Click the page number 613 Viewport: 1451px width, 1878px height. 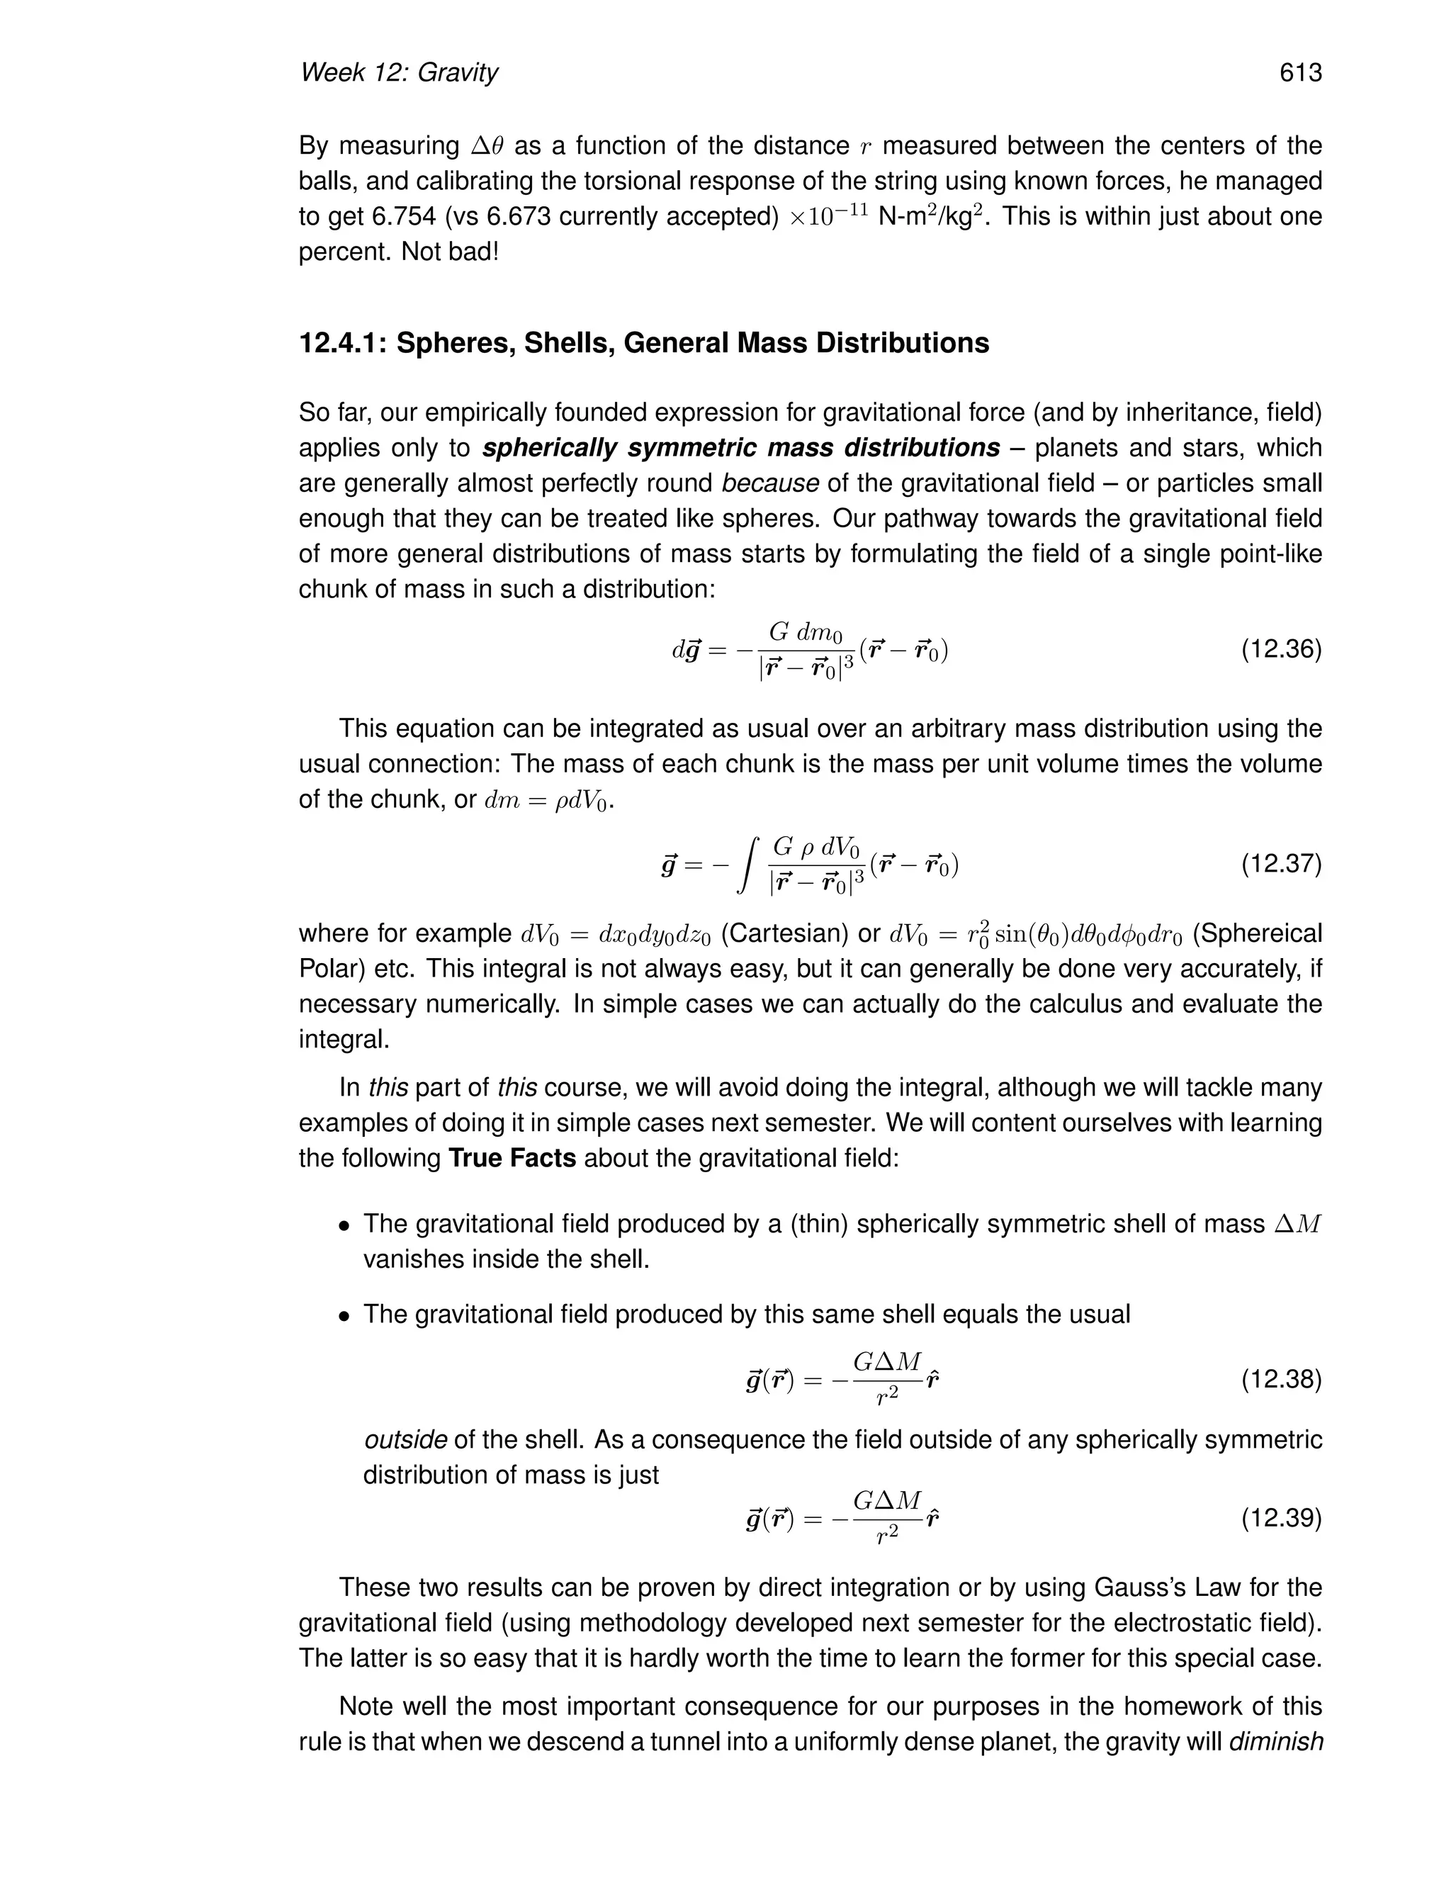click(x=1299, y=72)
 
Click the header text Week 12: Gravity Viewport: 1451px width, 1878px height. click(x=398, y=72)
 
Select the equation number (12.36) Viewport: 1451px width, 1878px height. click(x=1281, y=649)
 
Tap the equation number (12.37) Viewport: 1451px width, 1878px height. click(x=1281, y=863)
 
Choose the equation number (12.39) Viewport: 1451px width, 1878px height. click(x=1281, y=1519)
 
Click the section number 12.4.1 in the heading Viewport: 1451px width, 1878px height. click(x=342, y=343)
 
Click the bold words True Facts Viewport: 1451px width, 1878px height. click(x=512, y=1158)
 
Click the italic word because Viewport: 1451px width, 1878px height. click(x=769, y=484)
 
